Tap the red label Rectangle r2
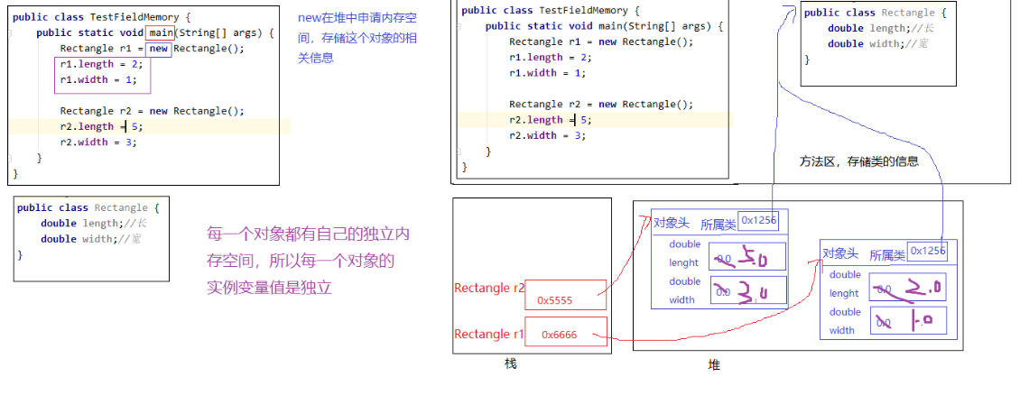pyautogui.click(x=488, y=289)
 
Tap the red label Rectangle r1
pyautogui.click(x=488, y=335)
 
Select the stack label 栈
pyautogui.click(x=510, y=363)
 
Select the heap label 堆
pyautogui.click(x=714, y=364)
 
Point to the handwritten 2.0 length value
pyautogui.click(x=907, y=289)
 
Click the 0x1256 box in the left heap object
pyautogui.click(x=756, y=220)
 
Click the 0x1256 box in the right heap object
pyautogui.click(x=927, y=251)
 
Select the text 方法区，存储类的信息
pyautogui.click(x=858, y=162)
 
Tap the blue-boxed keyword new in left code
pyautogui.click(x=159, y=49)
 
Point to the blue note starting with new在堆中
pyautogui.click(x=357, y=38)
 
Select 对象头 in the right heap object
pyautogui.click(x=840, y=254)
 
